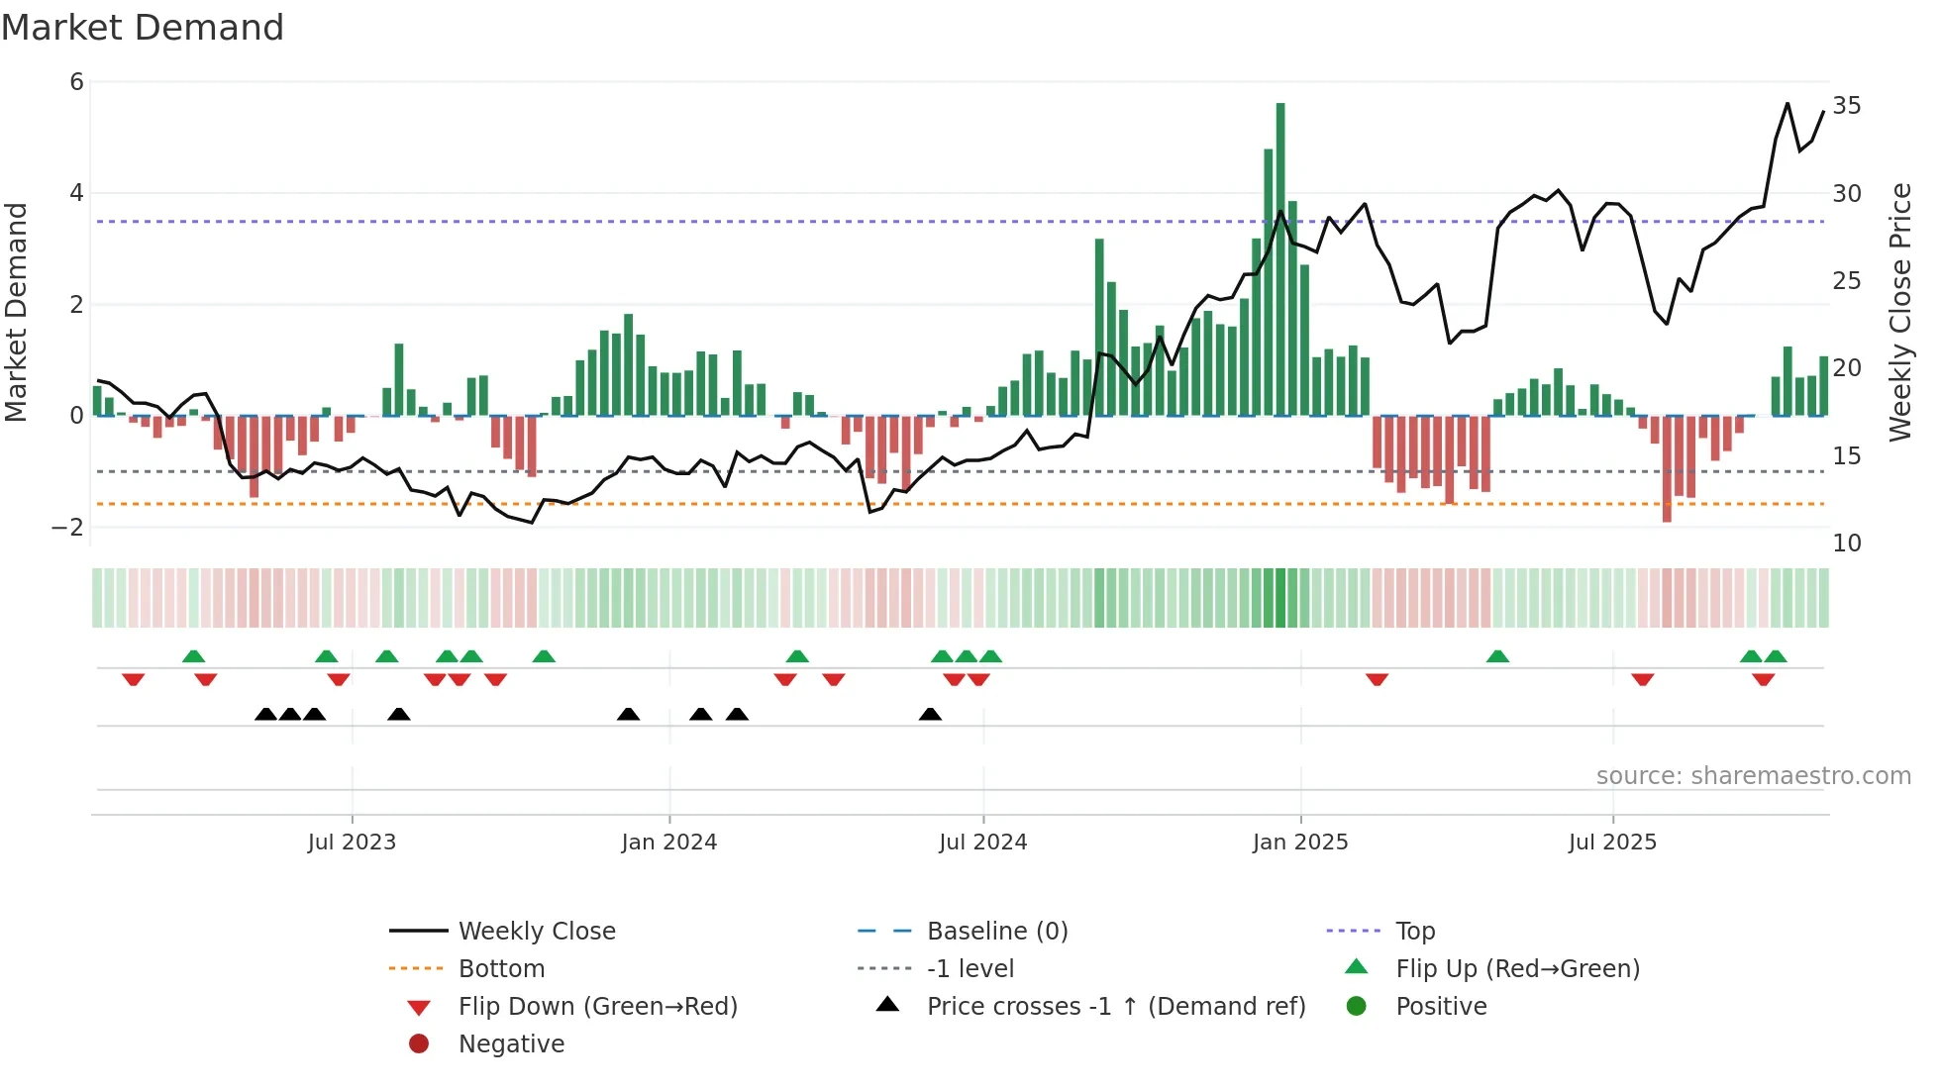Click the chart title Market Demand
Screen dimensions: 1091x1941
[x=143, y=28]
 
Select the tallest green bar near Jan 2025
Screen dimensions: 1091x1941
[x=1280, y=257]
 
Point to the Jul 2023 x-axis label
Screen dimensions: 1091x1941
[x=352, y=843]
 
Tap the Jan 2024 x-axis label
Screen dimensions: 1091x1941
[x=668, y=843]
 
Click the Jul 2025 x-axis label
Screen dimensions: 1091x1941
[x=1612, y=843]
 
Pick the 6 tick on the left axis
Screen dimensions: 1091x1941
[x=77, y=82]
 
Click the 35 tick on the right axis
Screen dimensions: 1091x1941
[x=1846, y=106]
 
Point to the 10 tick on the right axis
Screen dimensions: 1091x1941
[x=1846, y=544]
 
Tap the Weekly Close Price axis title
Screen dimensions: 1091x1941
[x=1900, y=312]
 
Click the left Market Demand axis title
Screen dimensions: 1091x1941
[x=17, y=312]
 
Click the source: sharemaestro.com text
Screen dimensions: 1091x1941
[x=1753, y=776]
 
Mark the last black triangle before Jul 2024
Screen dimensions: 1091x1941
[x=930, y=715]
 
